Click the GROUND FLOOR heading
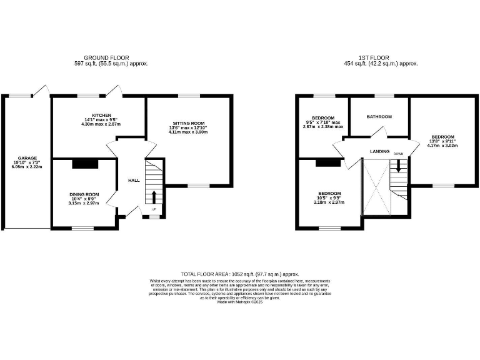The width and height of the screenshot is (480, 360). (x=112, y=57)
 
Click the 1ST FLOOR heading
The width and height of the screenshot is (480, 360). (x=381, y=57)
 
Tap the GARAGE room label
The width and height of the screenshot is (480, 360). (x=27, y=158)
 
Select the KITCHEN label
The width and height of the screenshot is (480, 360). (x=102, y=116)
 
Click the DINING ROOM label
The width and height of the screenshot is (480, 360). (x=84, y=194)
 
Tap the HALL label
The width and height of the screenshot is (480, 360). (x=134, y=180)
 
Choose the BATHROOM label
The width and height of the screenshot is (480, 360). (x=379, y=117)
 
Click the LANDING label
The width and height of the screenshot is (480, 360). (x=379, y=151)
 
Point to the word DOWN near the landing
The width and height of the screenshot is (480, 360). (x=399, y=153)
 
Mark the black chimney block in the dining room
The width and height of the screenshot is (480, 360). (x=86, y=164)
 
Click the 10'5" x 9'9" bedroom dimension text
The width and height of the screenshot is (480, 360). (x=329, y=198)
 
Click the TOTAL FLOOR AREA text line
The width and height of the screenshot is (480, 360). (x=240, y=274)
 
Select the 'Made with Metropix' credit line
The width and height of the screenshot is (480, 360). (x=240, y=302)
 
